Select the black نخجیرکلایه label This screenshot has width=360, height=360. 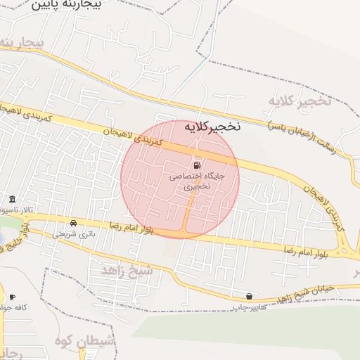(x=212, y=127)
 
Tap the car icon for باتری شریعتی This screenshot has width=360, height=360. (x=74, y=222)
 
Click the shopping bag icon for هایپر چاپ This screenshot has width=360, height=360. (x=250, y=296)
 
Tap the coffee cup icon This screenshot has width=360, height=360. (x=12, y=297)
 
